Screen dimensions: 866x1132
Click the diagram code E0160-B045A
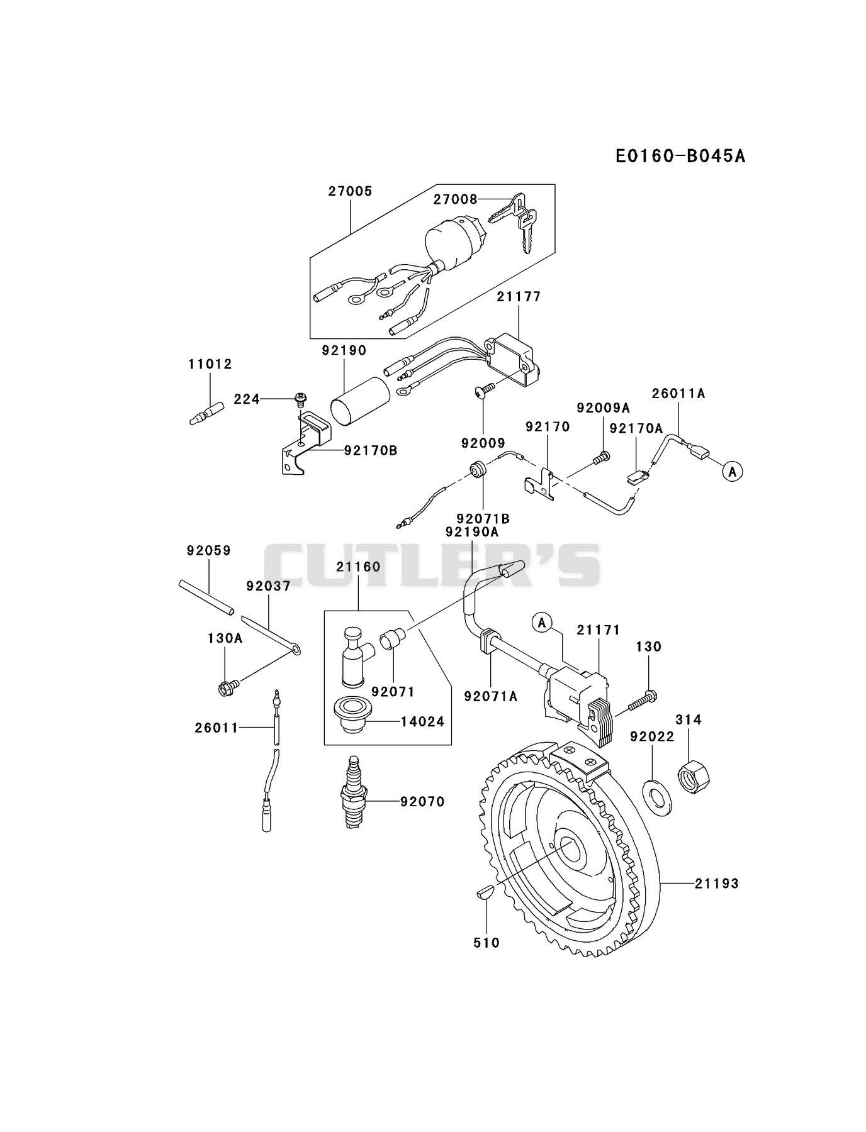coord(680,156)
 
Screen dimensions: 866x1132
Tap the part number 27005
coord(350,191)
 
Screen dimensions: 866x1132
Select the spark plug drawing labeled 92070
coord(354,792)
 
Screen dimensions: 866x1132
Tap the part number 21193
coord(717,884)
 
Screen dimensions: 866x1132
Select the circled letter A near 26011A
coord(732,470)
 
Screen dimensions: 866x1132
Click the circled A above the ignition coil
coord(542,623)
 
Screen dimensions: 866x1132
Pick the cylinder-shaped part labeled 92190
coord(358,401)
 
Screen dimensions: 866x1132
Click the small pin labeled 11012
coord(206,413)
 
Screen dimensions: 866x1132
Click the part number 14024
coord(422,721)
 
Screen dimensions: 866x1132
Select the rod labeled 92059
coord(206,597)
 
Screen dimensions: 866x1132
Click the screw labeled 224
coord(301,399)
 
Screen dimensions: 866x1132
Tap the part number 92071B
coord(483,519)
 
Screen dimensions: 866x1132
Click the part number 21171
coord(599,630)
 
